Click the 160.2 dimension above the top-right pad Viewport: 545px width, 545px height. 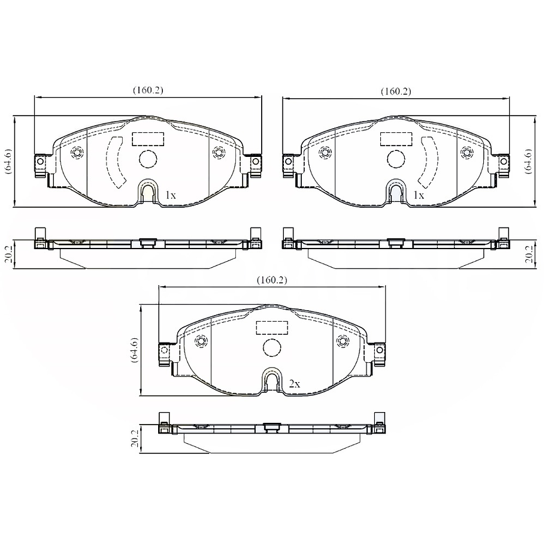396,92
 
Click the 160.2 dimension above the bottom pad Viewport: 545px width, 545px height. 272,280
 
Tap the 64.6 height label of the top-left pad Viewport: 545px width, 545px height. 7,161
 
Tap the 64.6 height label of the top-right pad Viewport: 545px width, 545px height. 529,161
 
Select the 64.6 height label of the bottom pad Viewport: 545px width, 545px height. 134,350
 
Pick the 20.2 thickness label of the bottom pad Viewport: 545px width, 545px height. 135,440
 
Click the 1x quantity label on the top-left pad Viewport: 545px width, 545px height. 171,195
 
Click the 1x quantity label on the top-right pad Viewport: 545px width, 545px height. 419,195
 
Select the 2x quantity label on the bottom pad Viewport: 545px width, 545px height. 294,384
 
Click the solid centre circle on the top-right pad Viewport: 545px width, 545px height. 395,159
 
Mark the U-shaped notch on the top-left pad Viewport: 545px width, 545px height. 147,192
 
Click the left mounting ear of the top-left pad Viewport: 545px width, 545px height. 41,162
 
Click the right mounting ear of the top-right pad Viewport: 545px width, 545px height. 503,162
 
